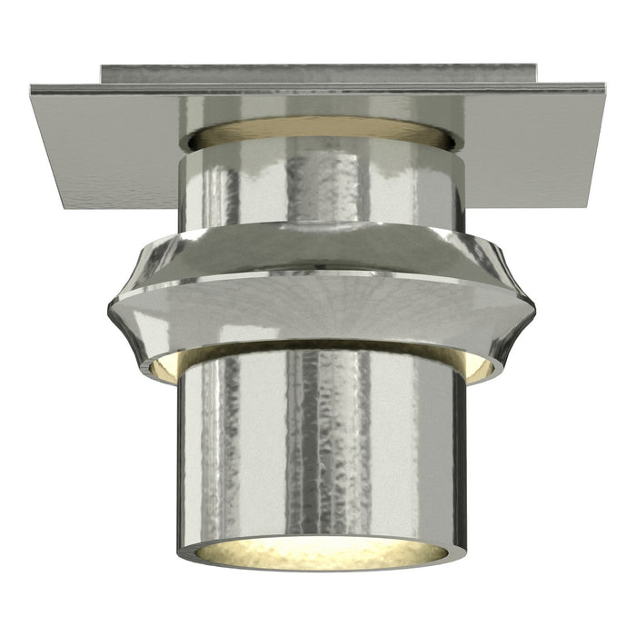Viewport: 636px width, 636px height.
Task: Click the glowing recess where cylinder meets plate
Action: tap(318, 131)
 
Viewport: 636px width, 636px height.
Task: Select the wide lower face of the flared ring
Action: tap(318, 309)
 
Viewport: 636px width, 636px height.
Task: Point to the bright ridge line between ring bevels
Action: tap(318, 273)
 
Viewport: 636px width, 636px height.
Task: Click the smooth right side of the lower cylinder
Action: tap(427, 445)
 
